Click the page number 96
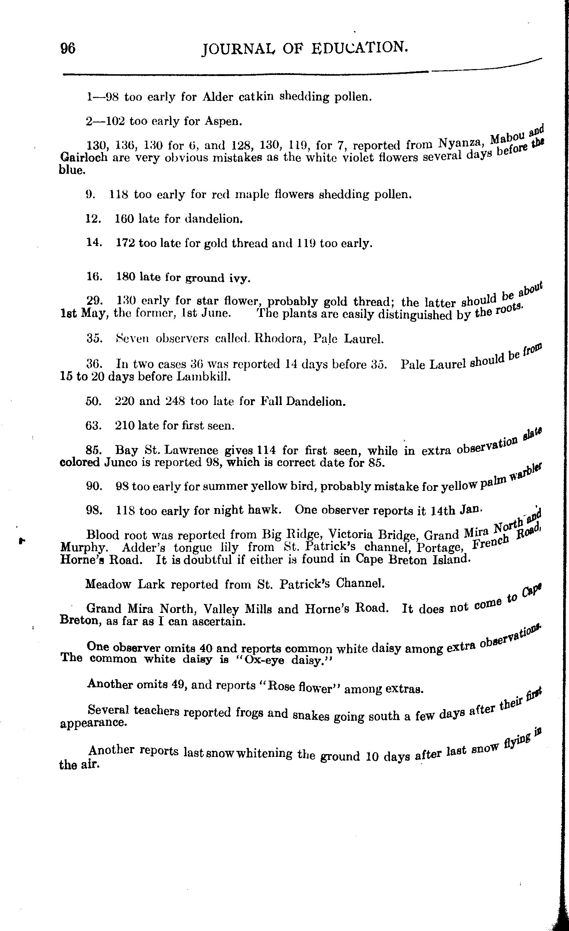click(68, 49)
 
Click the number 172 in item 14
click(125, 243)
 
